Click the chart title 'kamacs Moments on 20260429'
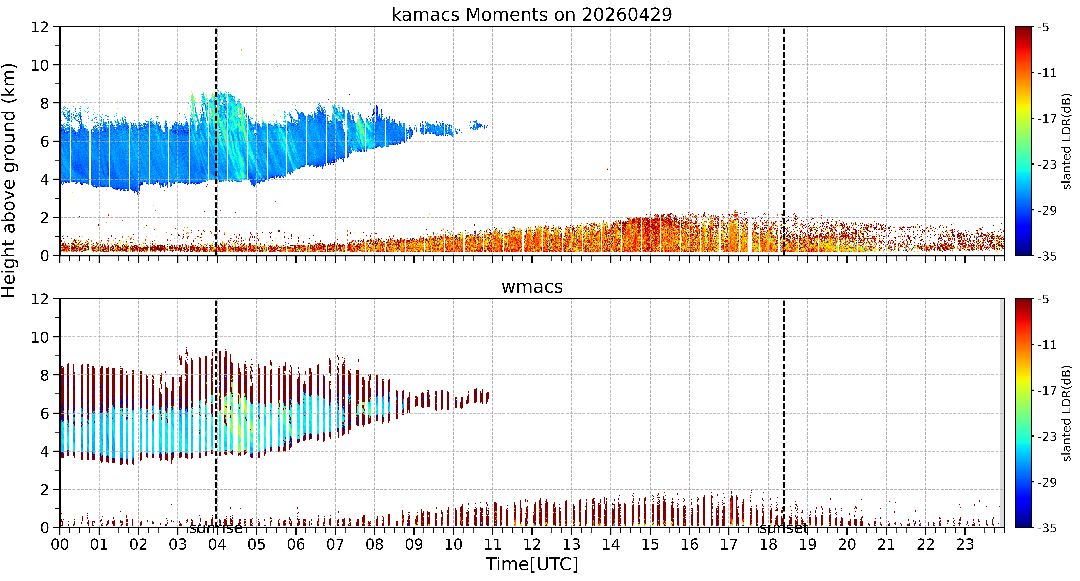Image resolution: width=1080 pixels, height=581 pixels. tap(532, 15)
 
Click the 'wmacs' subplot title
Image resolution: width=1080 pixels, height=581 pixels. tap(532, 287)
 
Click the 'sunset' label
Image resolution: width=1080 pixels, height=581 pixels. tap(784, 529)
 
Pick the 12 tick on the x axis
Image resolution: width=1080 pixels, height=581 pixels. tap(532, 544)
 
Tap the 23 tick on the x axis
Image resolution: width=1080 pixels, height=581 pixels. tap(965, 544)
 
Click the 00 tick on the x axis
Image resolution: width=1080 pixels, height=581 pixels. tap(60, 544)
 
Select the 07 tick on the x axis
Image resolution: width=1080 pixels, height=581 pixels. tap(335, 544)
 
